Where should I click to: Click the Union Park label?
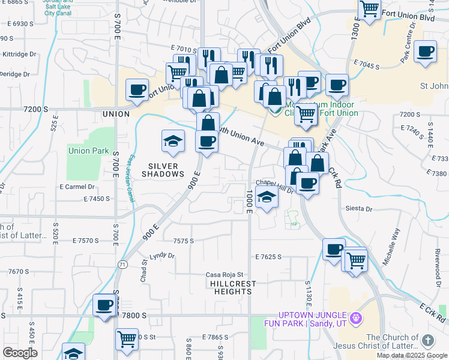coord(88,151)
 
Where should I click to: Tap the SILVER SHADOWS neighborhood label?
coord(163,170)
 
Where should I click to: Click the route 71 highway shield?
coord(122,264)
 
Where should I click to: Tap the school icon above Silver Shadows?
coord(173,141)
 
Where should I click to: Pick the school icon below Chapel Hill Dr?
coord(266,196)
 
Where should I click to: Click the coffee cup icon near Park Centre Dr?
coord(426,52)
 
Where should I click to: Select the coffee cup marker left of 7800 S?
coord(104,305)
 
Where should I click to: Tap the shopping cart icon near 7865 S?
coord(127,340)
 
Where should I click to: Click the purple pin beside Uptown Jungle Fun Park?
coord(355,316)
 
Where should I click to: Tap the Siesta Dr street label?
coord(359,209)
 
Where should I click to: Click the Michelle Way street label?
coord(396,242)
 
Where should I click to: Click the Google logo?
coord(20,353)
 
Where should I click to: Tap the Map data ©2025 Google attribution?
coord(411,355)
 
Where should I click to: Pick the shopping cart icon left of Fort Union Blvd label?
coord(369,8)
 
